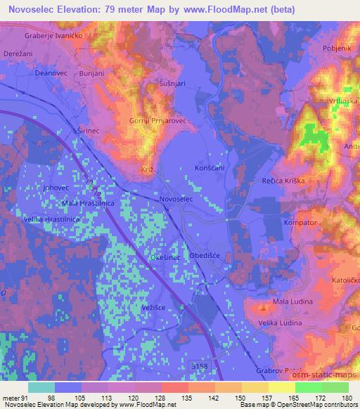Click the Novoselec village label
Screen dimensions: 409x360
[186, 200]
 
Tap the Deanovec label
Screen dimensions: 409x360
[50, 73]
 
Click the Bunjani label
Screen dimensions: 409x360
[91, 73]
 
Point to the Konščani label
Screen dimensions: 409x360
[209, 169]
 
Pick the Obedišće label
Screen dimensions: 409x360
[207, 256]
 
